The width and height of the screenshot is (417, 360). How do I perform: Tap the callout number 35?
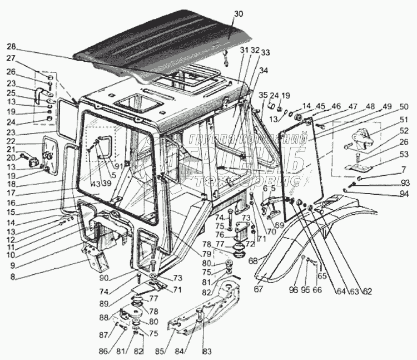point(262,94)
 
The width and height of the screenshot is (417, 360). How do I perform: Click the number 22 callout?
point(12,141)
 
